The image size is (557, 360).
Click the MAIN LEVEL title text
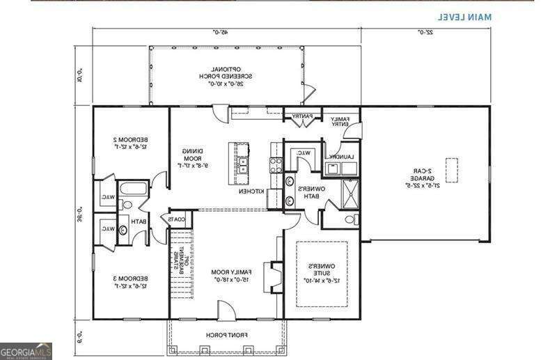coord(464,15)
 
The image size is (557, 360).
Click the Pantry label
coord(301,116)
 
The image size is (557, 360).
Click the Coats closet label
coord(178,220)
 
